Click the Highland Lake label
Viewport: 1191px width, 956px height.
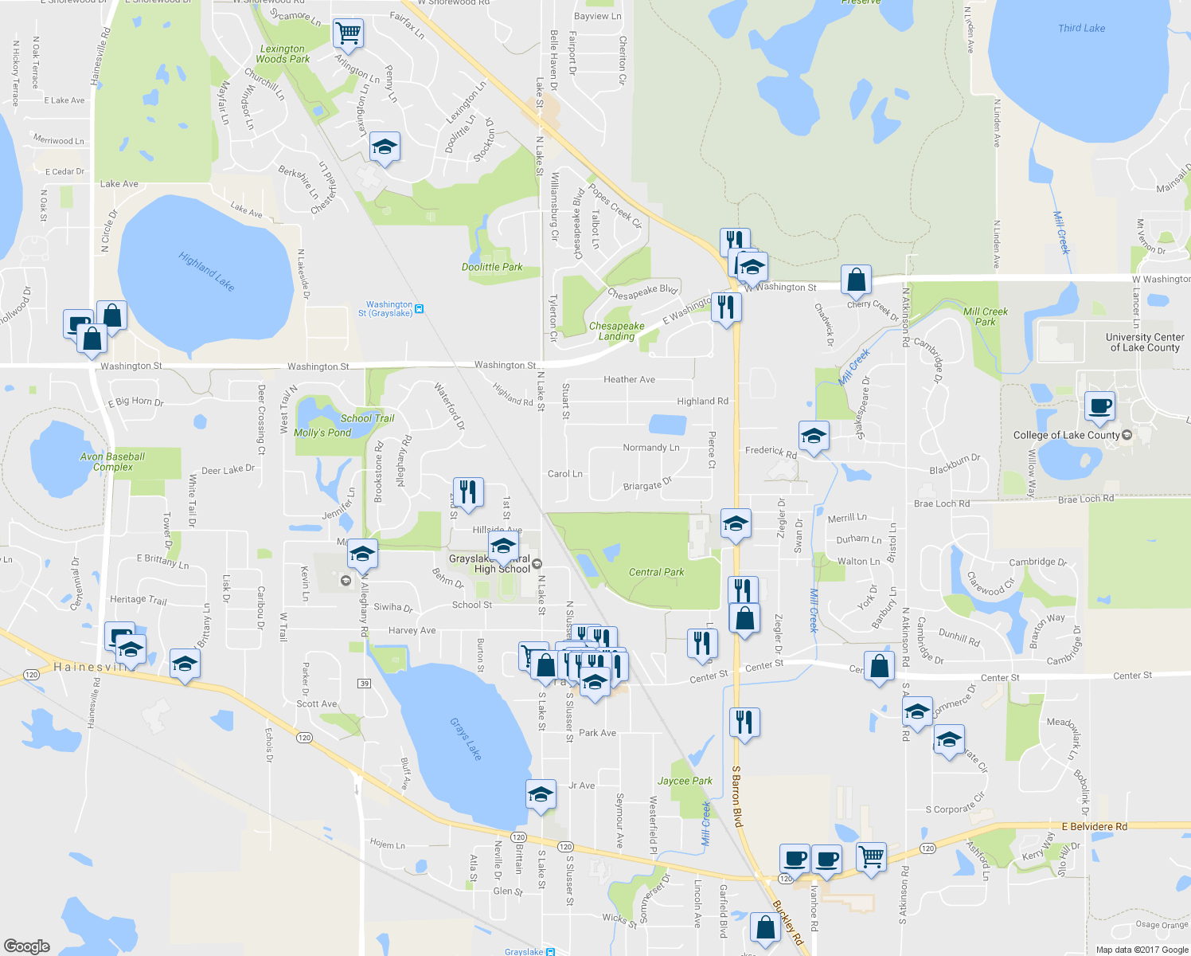[206, 272]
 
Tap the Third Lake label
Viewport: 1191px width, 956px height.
[1081, 28]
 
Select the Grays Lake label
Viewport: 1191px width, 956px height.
[466, 739]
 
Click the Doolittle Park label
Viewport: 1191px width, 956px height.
[492, 267]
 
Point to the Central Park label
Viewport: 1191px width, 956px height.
[656, 572]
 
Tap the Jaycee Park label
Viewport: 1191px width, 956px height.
[685, 781]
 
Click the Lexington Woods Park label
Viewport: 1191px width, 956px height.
[283, 53]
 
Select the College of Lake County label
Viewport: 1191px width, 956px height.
[1066, 435]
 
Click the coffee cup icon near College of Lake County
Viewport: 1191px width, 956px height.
[1100, 407]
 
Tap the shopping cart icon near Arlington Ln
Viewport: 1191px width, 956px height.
[348, 33]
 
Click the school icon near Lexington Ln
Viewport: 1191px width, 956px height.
[385, 147]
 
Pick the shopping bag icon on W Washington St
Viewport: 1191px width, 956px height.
[856, 280]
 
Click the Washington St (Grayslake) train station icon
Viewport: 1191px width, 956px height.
[420, 308]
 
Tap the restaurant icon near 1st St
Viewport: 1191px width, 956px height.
[467, 492]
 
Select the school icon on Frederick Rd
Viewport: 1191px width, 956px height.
[813, 436]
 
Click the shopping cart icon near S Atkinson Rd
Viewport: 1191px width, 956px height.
[871, 857]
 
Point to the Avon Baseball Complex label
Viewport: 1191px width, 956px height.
[113, 462]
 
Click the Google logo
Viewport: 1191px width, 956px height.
[27, 946]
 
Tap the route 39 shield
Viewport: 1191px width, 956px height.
[365, 684]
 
